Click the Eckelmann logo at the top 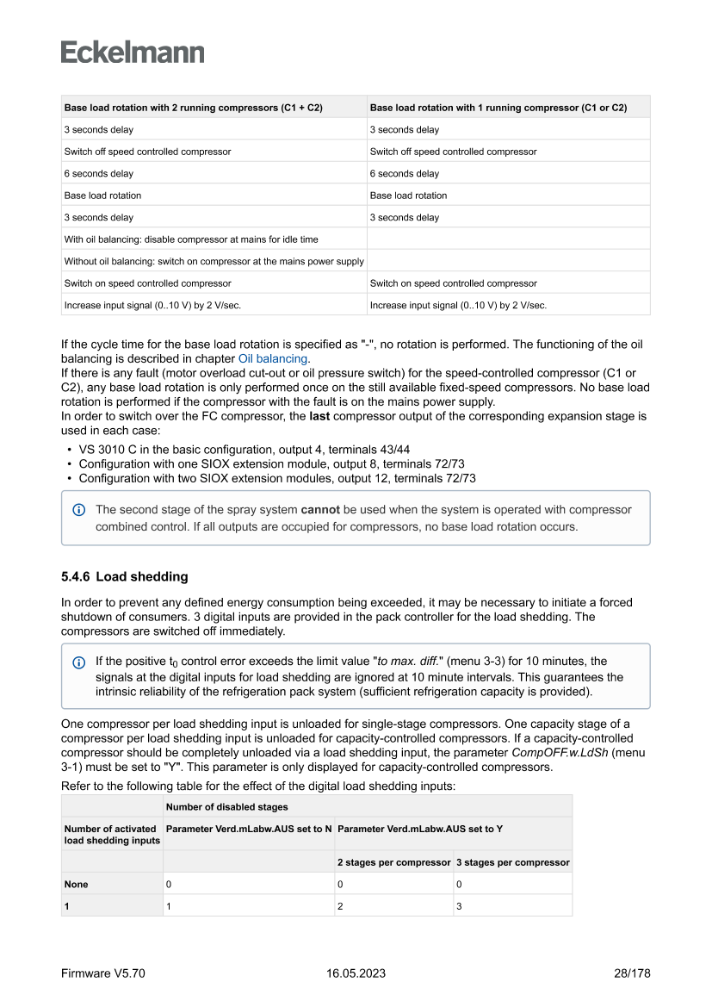[x=133, y=53]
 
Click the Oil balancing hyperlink [x=273, y=358]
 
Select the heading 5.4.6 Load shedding [x=125, y=576]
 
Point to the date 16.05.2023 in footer [x=356, y=973]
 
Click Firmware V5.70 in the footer [x=103, y=973]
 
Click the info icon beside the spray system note [x=79, y=510]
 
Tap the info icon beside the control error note [x=79, y=662]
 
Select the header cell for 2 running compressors [x=194, y=108]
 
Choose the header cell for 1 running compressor [x=498, y=108]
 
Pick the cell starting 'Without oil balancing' [x=214, y=261]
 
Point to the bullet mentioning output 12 [x=277, y=477]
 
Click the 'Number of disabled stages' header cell [x=227, y=806]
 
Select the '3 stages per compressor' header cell [x=512, y=862]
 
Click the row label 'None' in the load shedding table [x=76, y=884]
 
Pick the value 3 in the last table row [x=459, y=905]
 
